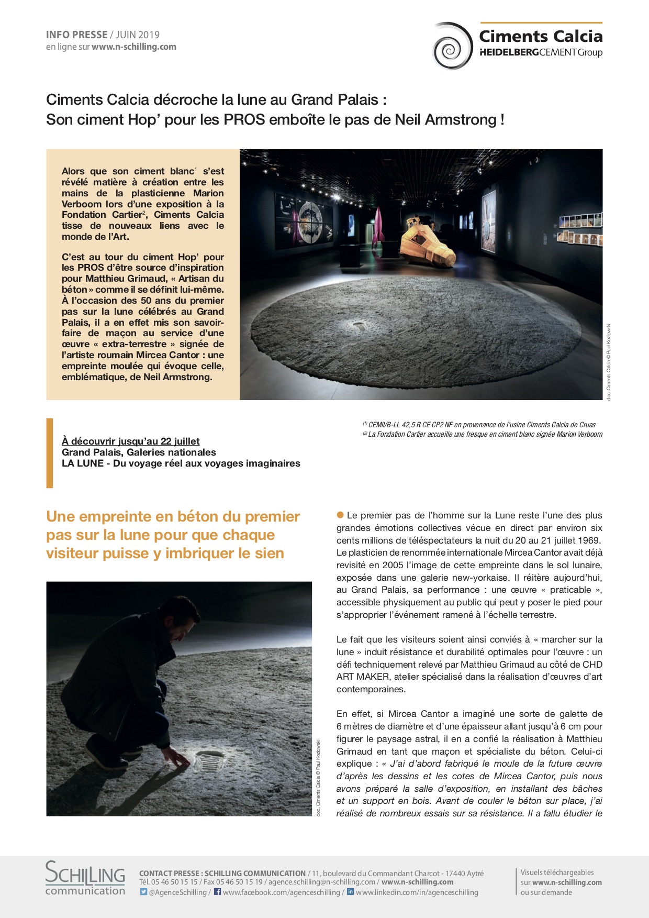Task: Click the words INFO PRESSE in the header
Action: point(76,35)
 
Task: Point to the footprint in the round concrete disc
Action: point(359,326)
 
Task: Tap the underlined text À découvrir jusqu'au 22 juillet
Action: point(130,441)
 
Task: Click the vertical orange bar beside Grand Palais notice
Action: point(50,453)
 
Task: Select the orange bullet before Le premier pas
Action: point(340,515)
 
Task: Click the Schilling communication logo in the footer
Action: point(85,878)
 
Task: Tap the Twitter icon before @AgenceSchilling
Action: point(143,892)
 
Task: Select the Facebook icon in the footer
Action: point(217,892)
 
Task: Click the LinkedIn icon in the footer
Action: point(351,892)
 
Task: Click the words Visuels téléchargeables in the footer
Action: point(557,872)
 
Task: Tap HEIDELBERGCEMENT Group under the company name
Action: point(541,52)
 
